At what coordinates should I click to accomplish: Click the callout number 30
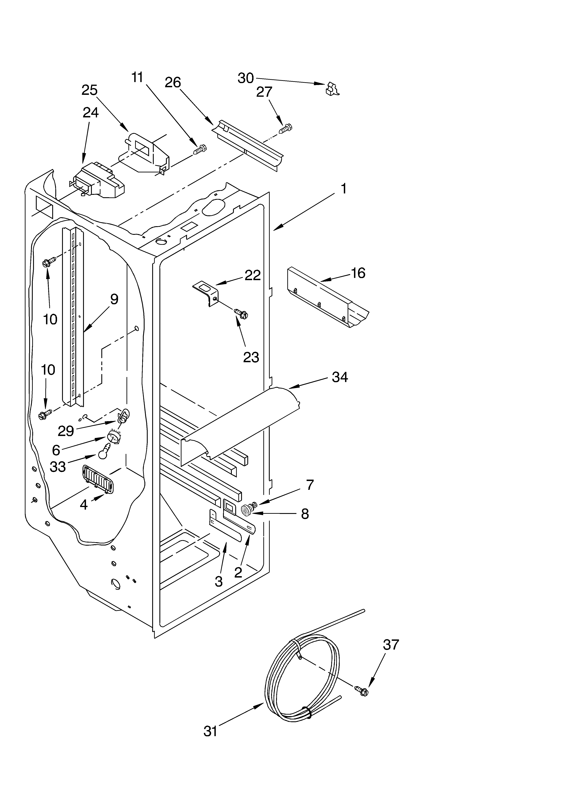[x=246, y=78]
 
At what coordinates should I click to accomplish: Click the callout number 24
[x=91, y=112]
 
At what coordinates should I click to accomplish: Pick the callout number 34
[x=340, y=377]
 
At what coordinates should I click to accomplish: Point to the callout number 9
[x=114, y=299]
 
